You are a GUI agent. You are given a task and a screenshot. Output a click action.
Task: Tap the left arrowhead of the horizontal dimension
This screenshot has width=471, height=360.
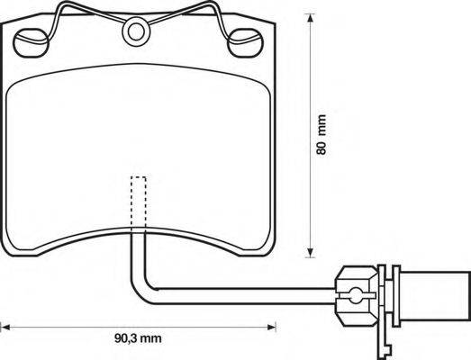click(x=5, y=324)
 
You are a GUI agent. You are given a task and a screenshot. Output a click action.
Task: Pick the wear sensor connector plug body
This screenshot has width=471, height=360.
click(x=356, y=291)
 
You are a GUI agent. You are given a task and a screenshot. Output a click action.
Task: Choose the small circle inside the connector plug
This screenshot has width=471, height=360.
click(x=356, y=291)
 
